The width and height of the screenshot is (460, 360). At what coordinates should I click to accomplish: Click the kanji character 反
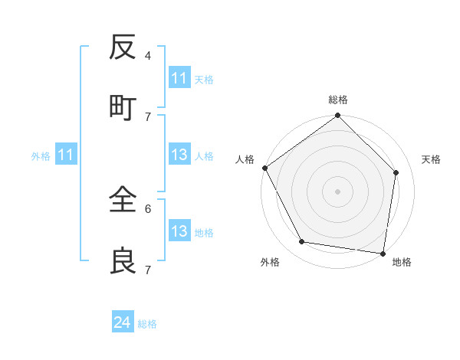(x=122, y=48)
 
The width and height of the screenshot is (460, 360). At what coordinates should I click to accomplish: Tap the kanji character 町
(x=122, y=107)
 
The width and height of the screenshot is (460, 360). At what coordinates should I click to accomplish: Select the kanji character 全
(x=122, y=201)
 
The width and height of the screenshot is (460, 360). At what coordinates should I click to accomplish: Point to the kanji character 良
(x=122, y=261)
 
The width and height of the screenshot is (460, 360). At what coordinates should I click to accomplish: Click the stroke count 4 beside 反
(x=147, y=56)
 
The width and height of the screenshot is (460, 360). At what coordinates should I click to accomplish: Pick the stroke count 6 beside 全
(x=147, y=208)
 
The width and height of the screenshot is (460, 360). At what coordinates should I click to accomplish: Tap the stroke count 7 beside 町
(x=147, y=116)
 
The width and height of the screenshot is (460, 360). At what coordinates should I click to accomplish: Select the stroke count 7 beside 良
(x=147, y=270)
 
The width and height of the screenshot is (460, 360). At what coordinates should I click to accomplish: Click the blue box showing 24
(x=123, y=322)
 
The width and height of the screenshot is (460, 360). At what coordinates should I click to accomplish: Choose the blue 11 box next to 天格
(x=179, y=78)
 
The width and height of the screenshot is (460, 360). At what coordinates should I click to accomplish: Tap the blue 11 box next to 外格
(x=66, y=155)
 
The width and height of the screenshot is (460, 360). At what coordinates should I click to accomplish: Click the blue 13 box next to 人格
(x=179, y=155)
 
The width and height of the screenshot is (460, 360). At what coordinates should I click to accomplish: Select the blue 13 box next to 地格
(x=179, y=231)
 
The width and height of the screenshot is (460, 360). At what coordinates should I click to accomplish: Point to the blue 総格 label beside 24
(x=147, y=324)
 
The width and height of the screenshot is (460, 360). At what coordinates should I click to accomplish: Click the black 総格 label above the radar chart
(x=338, y=100)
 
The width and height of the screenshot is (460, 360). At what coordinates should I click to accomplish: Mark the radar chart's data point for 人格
(x=264, y=168)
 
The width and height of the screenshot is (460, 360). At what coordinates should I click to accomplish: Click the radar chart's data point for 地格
(x=383, y=252)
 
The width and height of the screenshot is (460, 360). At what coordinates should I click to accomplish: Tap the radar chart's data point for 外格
(x=302, y=242)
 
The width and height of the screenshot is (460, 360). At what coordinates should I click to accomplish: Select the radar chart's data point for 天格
(x=396, y=172)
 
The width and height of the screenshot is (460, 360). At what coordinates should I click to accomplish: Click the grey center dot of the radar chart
(x=338, y=191)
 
